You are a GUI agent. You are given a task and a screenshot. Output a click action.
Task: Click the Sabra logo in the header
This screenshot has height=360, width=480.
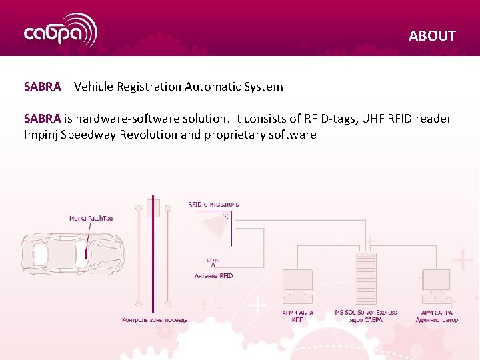[61, 31]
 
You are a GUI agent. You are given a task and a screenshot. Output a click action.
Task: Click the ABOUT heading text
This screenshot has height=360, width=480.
[432, 36]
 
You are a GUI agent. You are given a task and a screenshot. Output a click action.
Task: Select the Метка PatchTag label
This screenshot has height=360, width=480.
[91, 218]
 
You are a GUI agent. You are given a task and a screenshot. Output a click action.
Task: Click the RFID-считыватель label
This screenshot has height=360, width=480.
[213, 204]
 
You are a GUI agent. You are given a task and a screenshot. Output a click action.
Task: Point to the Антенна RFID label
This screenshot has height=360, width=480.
[214, 275]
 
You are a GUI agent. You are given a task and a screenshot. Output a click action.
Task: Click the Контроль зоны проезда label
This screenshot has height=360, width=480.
[155, 320]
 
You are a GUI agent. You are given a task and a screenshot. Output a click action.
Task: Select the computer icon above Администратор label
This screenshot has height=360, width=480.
[437, 286]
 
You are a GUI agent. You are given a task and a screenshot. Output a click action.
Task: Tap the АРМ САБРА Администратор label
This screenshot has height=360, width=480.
[437, 317]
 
